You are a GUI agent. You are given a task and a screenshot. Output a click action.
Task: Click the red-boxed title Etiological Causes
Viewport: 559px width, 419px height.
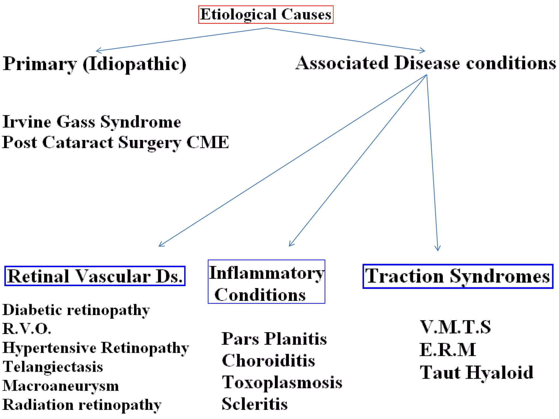tap(266, 14)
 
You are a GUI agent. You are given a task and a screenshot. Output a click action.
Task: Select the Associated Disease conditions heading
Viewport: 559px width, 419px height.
tap(426, 63)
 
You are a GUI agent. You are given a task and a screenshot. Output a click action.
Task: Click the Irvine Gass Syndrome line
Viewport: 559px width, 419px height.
tap(92, 122)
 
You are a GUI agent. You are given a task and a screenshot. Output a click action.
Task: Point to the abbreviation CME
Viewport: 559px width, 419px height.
tap(207, 142)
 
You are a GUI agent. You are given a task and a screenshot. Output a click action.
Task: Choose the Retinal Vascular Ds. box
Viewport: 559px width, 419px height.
tap(95, 276)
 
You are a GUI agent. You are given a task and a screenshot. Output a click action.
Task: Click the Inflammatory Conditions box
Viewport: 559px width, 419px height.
tap(266, 282)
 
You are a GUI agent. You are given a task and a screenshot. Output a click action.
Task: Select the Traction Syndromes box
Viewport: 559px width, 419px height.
tap(458, 276)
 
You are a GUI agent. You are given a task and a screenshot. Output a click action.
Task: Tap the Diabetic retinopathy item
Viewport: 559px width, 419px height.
tap(76, 310)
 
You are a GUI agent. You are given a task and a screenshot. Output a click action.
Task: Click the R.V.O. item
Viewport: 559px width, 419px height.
tap(27, 329)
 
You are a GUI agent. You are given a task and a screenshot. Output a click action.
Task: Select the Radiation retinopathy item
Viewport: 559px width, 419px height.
tap(82, 405)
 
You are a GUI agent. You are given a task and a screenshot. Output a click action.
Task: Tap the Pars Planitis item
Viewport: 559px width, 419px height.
tap(274, 339)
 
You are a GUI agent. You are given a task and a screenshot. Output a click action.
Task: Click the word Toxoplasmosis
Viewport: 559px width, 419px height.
tap(282, 382)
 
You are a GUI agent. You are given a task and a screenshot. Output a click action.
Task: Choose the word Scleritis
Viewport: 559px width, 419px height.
tap(254, 404)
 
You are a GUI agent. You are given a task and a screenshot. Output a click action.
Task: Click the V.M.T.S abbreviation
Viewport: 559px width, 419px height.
tap(455, 327)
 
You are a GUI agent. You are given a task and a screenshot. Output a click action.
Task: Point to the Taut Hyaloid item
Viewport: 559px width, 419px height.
tap(477, 373)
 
